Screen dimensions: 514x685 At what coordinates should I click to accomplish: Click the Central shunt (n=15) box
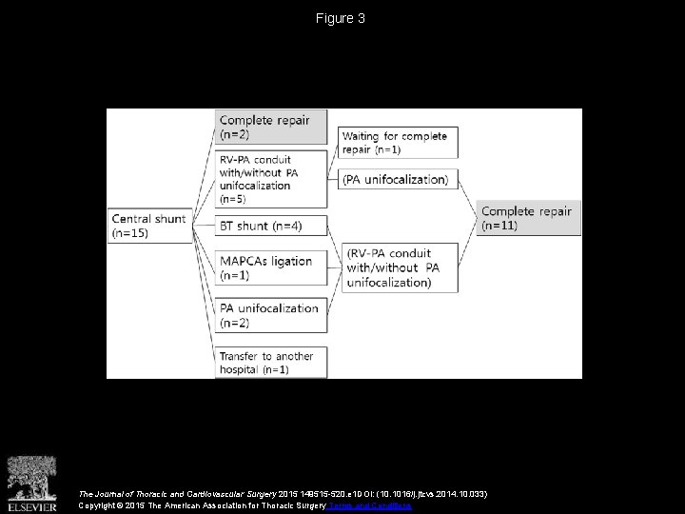(149, 225)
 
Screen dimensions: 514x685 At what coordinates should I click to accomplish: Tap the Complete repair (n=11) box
(527, 217)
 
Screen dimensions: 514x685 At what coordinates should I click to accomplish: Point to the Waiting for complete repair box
(398, 143)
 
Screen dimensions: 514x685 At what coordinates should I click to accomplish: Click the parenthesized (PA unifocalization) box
(398, 179)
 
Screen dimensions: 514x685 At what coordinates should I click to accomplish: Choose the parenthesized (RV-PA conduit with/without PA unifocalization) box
(398, 267)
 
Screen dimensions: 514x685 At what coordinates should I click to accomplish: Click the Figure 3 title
(342, 18)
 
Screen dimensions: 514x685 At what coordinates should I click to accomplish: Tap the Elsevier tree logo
(31, 473)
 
